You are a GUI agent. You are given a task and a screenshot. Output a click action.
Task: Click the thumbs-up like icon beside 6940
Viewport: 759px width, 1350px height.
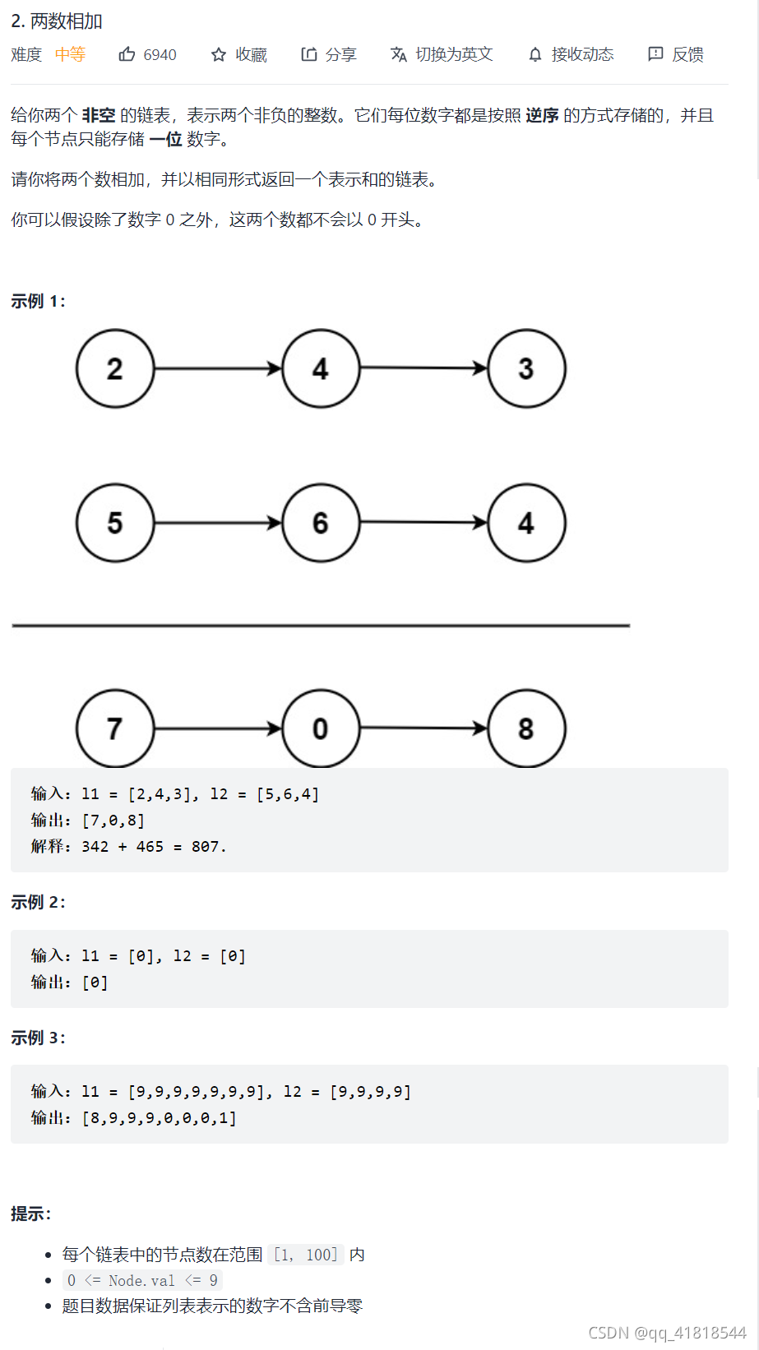(127, 54)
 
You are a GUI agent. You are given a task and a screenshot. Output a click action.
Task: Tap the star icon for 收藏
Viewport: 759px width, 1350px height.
(219, 54)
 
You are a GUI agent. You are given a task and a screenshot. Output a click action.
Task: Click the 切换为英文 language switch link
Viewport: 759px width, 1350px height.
(442, 54)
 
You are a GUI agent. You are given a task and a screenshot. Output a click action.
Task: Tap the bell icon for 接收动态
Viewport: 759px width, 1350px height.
(535, 54)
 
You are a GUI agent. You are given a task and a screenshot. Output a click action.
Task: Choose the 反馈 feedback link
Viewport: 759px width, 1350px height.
(676, 54)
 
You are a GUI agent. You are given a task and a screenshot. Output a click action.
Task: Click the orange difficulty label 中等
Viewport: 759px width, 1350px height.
(70, 54)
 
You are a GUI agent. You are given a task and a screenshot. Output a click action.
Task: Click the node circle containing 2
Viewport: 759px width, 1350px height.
(115, 368)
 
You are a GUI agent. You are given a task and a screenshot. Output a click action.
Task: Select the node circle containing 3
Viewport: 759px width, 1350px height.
(526, 368)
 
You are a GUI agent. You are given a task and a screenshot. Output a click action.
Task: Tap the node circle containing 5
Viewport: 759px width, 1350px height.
(115, 523)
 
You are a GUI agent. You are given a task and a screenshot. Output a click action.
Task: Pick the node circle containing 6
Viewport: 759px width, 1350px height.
(321, 523)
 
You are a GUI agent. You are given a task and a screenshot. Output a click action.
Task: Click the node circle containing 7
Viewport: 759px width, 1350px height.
(115, 728)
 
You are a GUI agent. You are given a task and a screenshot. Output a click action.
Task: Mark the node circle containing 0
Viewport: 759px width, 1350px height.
(321, 728)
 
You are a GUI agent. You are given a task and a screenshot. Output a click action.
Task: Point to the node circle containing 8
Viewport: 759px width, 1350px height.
(526, 728)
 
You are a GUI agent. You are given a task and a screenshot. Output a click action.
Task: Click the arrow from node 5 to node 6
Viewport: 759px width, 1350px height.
(218, 523)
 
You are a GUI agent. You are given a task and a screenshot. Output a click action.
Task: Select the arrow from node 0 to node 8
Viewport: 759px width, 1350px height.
(423, 728)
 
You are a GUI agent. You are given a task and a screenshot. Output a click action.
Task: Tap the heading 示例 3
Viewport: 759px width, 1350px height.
(38, 1038)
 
